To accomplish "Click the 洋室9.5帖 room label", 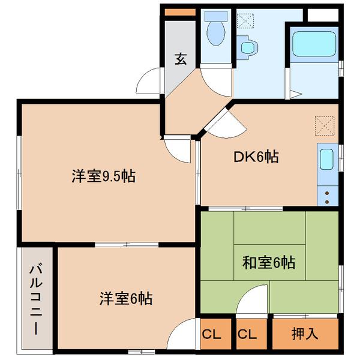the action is (x=103, y=176).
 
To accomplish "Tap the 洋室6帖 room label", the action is (x=126, y=298).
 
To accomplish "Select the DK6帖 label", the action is (x=256, y=157).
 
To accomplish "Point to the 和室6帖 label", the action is (x=269, y=262).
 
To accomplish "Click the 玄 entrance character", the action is (x=181, y=59).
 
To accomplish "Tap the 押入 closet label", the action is (x=305, y=334).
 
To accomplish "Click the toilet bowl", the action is (x=216, y=33).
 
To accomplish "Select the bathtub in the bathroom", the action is (x=314, y=44).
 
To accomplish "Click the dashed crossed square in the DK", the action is (x=325, y=126).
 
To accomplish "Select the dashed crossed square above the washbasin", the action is (x=245, y=21).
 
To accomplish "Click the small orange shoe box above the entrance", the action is (x=180, y=13).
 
